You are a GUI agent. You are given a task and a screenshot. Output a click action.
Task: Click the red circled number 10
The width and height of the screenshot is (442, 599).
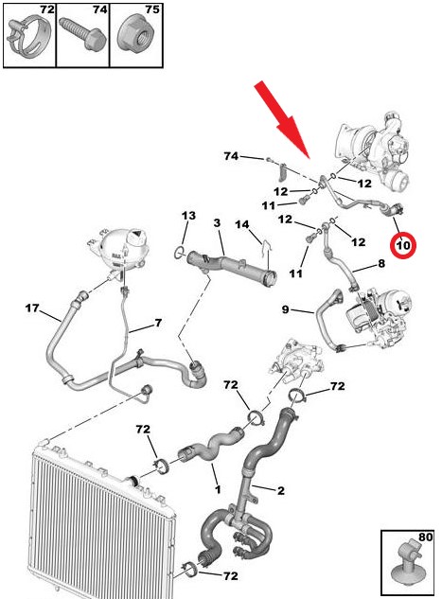point(403,245)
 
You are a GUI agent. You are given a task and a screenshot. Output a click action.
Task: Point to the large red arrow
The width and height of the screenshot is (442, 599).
point(283,119)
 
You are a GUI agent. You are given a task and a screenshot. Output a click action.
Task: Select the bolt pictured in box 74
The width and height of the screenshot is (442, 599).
point(83,33)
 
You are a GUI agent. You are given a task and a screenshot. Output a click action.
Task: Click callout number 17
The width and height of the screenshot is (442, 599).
point(32,308)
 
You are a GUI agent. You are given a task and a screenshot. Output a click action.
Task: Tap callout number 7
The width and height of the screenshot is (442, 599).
point(158,323)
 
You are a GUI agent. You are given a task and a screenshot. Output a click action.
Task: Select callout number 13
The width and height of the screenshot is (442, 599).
point(188,216)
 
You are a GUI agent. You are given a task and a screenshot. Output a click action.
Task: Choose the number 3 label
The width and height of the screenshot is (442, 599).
point(217,222)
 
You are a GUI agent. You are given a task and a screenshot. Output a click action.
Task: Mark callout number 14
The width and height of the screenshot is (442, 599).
point(241,224)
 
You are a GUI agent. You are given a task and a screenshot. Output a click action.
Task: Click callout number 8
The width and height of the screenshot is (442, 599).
point(381,263)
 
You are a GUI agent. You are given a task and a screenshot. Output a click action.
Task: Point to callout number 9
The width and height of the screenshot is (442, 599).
point(286,309)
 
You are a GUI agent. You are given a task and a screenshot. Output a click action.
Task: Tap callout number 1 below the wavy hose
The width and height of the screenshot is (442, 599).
point(218,489)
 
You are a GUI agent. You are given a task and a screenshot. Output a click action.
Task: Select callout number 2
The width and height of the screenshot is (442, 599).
point(281,490)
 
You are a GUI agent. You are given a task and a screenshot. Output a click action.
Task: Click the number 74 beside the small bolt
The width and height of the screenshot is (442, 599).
point(231,156)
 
